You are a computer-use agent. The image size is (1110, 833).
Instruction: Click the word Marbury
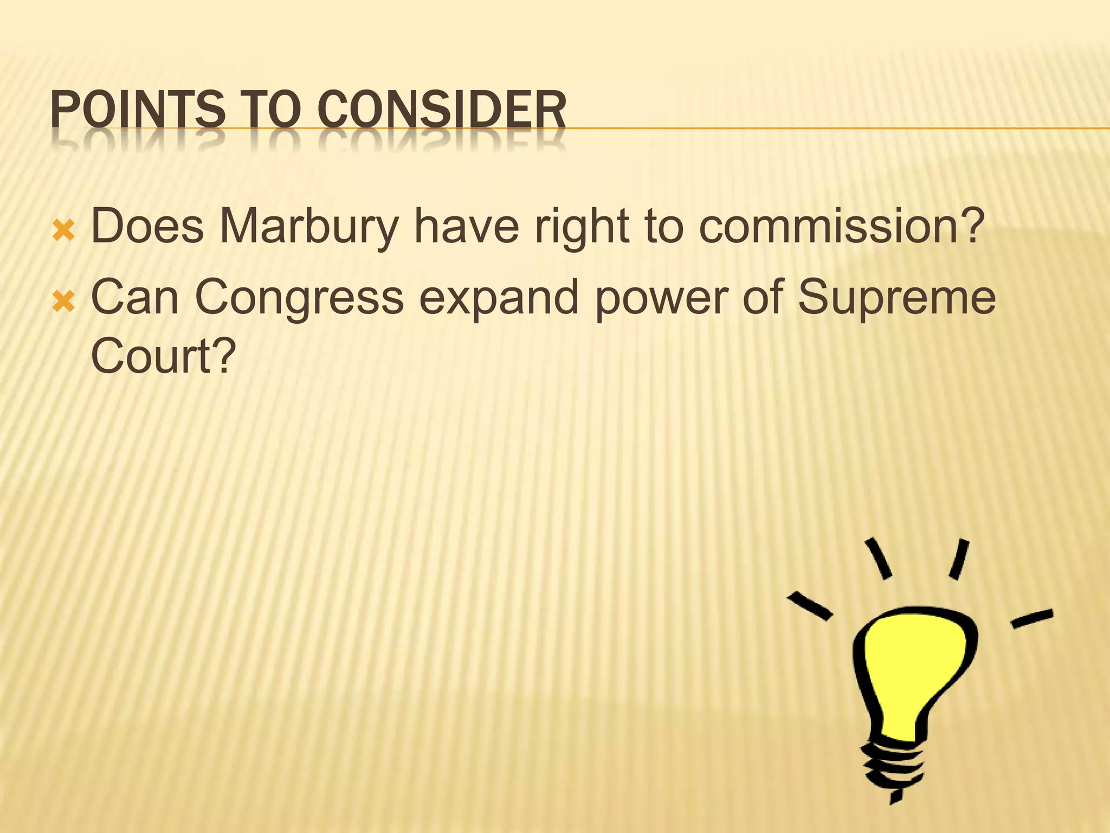coord(308,227)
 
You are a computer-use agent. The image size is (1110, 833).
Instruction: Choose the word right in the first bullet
coord(582,226)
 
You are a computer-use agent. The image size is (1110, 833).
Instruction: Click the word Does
coord(147,226)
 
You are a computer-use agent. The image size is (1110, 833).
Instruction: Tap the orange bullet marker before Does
coord(63,232)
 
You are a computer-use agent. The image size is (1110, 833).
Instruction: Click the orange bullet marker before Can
coord(63,302)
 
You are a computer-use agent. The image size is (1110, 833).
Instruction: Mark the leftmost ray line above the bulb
coord(810,606)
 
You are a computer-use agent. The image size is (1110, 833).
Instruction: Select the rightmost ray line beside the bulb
coord(1032,618)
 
